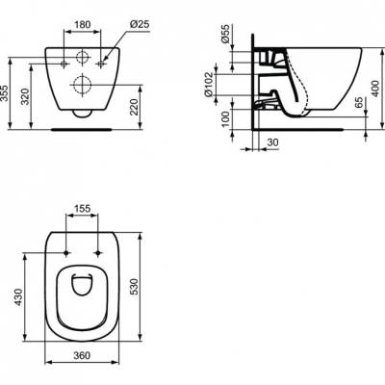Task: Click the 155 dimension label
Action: click(83, 207)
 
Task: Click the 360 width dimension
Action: click(83, 356)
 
